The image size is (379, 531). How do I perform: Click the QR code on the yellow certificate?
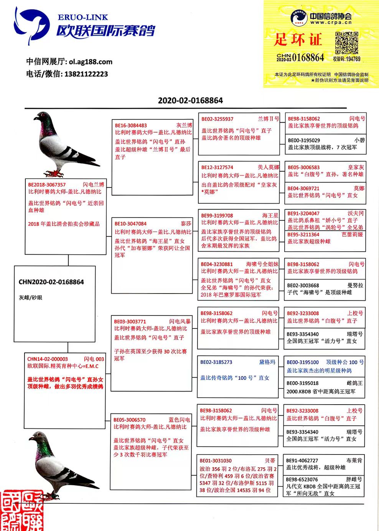346,43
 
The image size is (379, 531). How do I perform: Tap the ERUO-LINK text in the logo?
83,17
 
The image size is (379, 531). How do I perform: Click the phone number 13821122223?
86,74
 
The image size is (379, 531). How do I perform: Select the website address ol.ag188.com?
91,62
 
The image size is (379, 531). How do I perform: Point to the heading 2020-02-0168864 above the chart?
190,101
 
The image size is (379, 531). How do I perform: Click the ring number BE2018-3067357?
47,185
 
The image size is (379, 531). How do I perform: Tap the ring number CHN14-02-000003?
48,359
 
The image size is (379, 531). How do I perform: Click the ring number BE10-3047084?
130,224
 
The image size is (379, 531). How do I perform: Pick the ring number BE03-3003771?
130,321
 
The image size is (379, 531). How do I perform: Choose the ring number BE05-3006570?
129,420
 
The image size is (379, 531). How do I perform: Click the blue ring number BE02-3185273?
216,362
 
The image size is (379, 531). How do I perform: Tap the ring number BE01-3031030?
216,460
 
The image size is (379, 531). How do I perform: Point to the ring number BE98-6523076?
302,480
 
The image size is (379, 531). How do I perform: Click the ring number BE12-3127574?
217,167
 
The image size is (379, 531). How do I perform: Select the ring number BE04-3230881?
217,264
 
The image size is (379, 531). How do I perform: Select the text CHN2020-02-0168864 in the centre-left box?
51,282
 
